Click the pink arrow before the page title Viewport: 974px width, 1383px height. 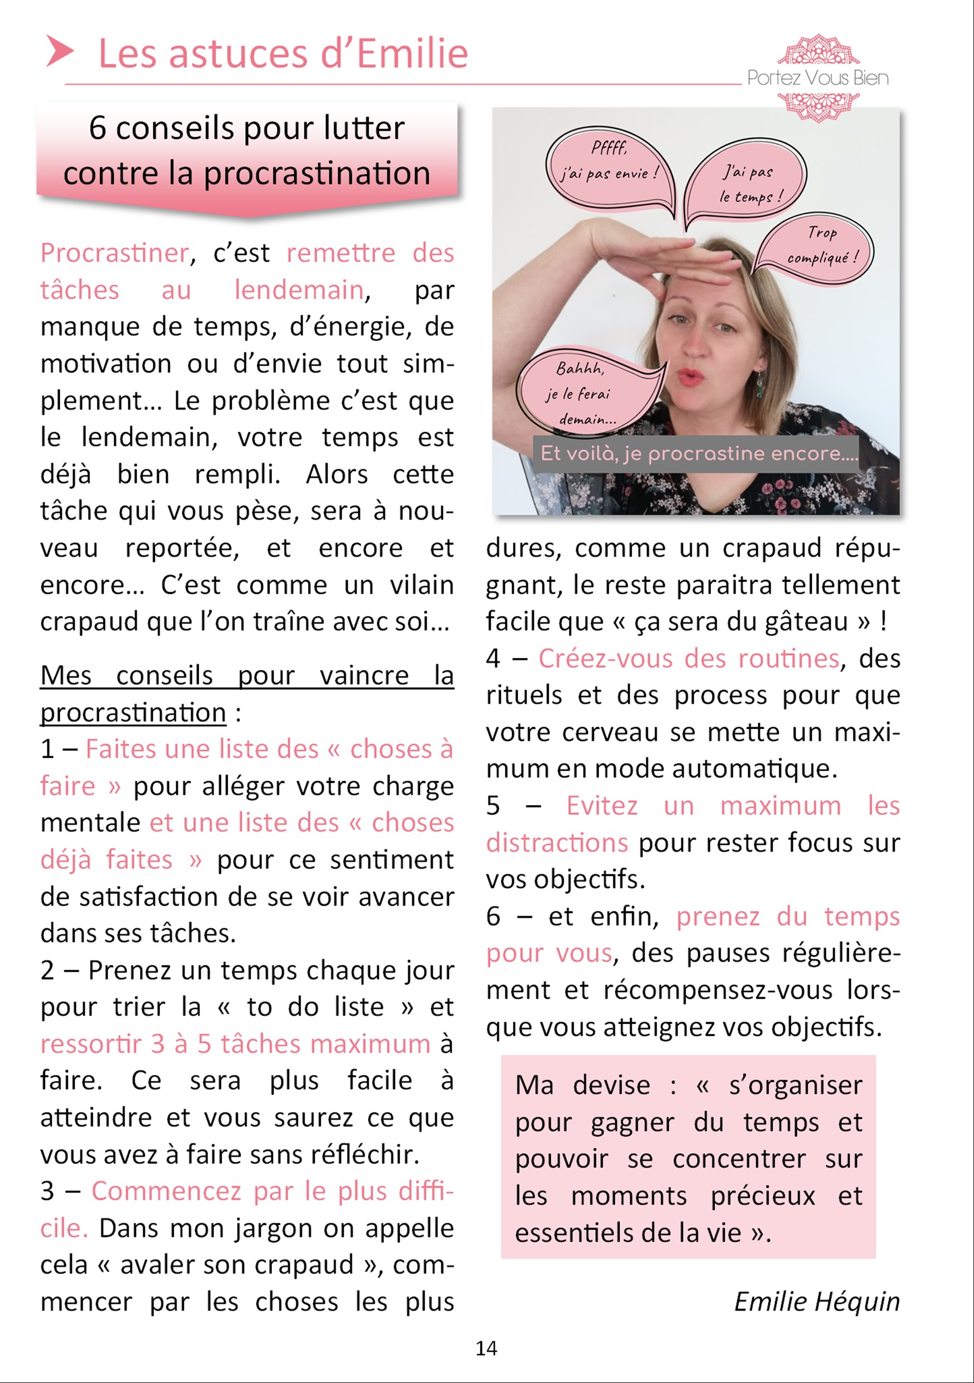pyautogui.click(x=60, y=51)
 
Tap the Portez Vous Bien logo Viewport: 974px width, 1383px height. pyautogui.click(x=817, y=77)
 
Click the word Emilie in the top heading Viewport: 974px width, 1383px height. pyautogui.click(x=412, y=54)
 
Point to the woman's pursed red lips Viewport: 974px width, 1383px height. pyautogui.click(x=690, y=377)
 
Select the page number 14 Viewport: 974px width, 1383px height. pyautogui.click(x=486, y=1348)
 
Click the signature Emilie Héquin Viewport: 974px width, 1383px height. pyautogui.click(x=816, y=1301)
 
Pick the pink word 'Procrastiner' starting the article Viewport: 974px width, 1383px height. pyautogui.click(x=114, y=253)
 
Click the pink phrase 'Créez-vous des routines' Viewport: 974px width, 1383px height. pyautogui.click(x=689, y=659)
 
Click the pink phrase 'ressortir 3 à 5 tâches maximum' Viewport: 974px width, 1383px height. pyautogui.click(x=235, y=1044)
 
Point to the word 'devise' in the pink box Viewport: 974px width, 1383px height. pyautogui.click(x=611, y=1085)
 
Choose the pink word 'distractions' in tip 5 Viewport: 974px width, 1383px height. pyautogui.click(x=557, y=843)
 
